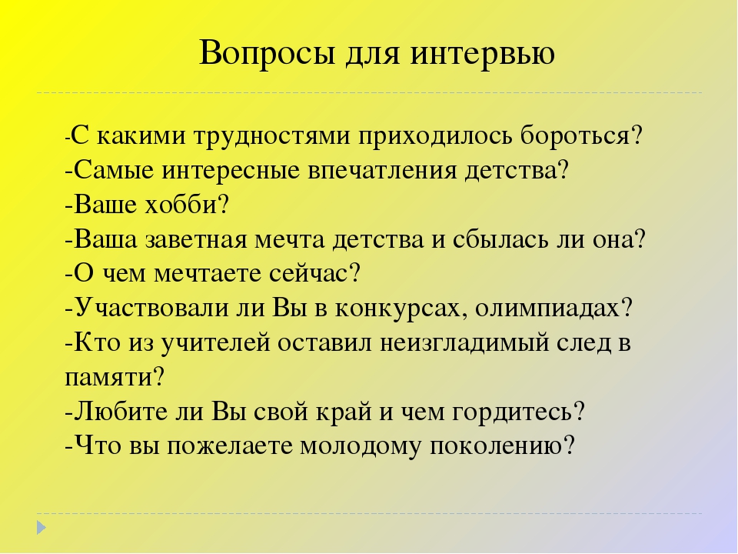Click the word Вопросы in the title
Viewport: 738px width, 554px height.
point(268,53)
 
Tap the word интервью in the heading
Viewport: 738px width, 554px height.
point(483,53)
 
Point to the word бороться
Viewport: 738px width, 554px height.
point(581,135)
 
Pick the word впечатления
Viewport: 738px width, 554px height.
point(382,171)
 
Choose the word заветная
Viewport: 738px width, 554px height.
point(196,240)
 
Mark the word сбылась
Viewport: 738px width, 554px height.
point(500,239)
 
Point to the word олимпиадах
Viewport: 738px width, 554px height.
point(553,309)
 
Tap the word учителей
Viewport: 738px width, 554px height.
point(216,343)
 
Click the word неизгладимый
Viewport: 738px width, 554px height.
point(464,343)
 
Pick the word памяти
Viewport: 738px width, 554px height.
point(115,378)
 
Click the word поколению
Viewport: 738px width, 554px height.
point(502,446)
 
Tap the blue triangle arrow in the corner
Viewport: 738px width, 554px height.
point(41,527)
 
